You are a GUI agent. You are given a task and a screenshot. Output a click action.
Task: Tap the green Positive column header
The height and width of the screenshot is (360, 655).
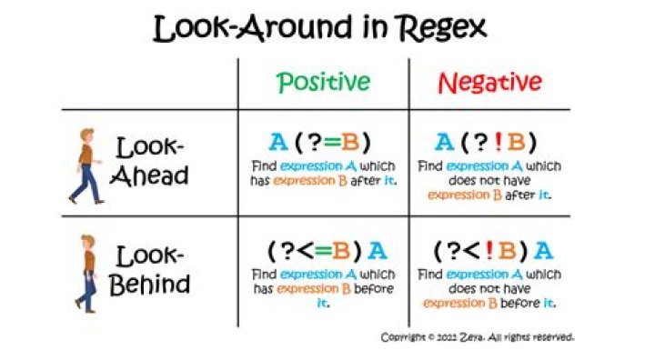tap(323, 82)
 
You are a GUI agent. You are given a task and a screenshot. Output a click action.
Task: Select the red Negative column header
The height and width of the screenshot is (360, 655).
tap(489, 83)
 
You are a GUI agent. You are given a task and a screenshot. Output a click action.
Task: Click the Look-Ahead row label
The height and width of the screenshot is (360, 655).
tap(149, 161)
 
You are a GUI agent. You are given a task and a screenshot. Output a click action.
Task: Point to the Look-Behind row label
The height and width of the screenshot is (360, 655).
tap(149, 271)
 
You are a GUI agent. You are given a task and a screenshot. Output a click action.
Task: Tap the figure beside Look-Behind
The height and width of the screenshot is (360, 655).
tap(86, 274)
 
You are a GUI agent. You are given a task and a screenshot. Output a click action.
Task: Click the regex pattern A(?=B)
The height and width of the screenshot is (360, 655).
tap(320, 142)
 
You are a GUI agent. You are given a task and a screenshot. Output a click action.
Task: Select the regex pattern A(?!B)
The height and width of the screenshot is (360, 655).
tap(486, 142)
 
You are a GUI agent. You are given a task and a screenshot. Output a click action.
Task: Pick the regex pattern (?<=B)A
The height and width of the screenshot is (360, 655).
tap(327, 251)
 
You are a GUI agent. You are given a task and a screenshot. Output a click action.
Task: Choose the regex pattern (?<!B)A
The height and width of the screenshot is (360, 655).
tap(493, 251)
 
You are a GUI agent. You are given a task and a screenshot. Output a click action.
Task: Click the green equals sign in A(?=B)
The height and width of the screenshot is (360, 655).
tap(333, 143)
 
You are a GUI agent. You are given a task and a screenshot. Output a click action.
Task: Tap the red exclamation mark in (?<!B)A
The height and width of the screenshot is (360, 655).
tap(489, 251)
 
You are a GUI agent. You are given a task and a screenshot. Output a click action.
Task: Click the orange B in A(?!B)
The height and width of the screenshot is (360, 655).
tap(517, 142)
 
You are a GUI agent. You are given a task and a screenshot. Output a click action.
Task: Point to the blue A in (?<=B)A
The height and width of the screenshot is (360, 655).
tap(378, 251)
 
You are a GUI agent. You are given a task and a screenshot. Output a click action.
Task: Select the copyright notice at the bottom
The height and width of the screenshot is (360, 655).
tap(478, 337)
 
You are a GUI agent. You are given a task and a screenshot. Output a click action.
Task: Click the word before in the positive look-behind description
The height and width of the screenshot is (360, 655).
tap(374, 288)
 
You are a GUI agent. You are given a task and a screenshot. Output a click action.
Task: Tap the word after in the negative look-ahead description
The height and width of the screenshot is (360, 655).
tap(520, 195)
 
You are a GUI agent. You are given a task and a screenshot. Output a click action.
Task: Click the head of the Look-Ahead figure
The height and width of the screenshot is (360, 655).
tap(86, 136)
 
